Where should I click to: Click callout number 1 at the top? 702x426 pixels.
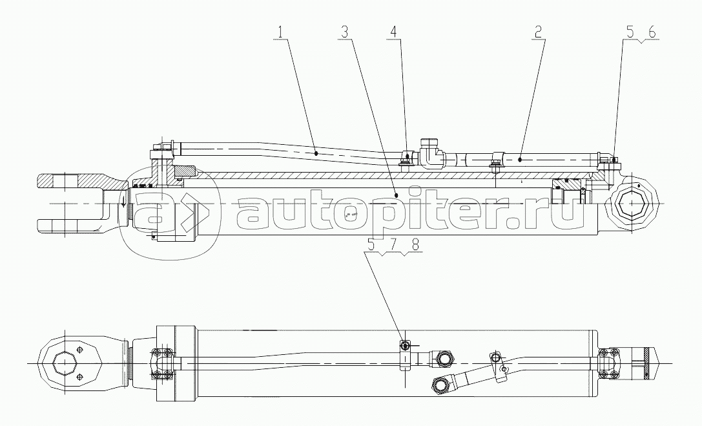pos(280,32)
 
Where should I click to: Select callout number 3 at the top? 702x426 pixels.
pos(344,32)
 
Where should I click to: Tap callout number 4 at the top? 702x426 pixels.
pos(393,32)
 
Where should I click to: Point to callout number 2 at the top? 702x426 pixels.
pos(538,32)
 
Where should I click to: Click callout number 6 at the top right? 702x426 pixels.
pos(652,32)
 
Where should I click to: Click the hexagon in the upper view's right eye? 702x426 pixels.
pos(631,204)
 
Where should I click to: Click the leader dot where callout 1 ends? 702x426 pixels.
pos(316,153)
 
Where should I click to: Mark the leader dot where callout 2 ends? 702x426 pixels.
pos(520,159)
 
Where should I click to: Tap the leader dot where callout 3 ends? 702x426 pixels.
pos(397,195)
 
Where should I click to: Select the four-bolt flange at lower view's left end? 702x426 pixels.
pos(163,363)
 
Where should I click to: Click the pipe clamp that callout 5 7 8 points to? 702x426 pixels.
pos(405,356)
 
